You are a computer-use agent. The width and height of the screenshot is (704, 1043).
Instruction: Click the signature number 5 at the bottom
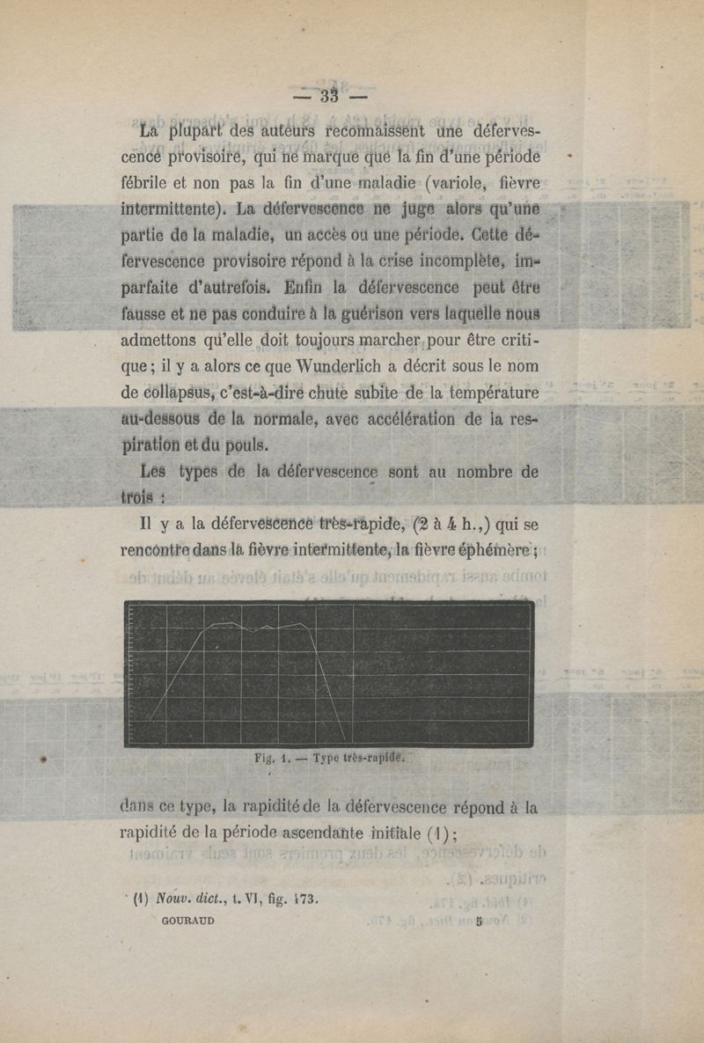[x=479, y=922]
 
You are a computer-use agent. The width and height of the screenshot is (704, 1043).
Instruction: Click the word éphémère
[x=493, y=553]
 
